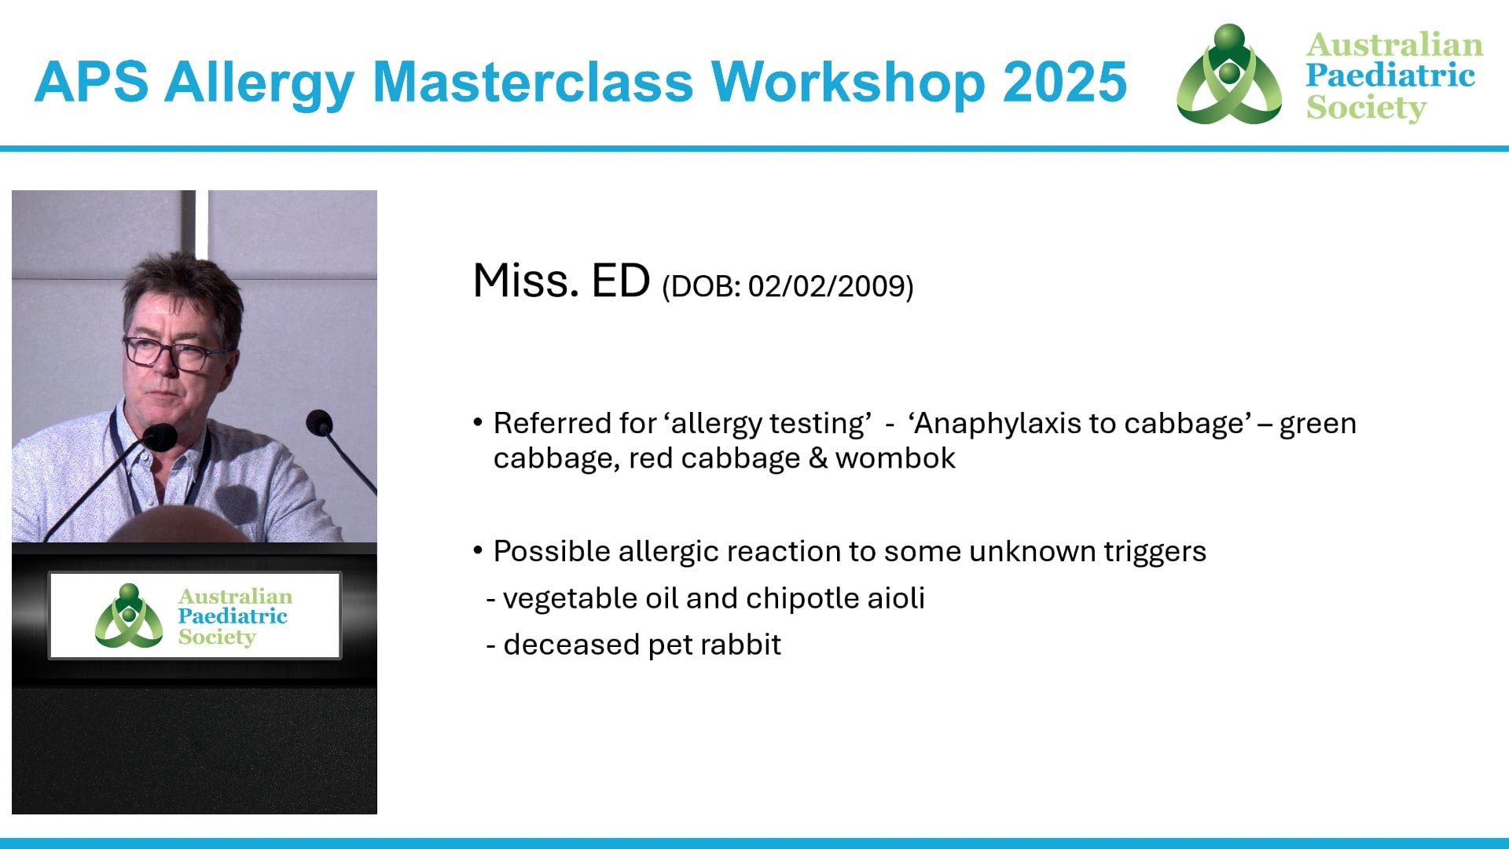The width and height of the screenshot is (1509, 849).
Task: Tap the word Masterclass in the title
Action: pos(533,82)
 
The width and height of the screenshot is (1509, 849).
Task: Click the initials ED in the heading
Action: pos(620,281)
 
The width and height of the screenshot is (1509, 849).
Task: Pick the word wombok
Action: pos(895,458)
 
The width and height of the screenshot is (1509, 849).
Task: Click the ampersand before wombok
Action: pos(818,458)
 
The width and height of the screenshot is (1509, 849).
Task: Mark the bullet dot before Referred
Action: pos(478,422)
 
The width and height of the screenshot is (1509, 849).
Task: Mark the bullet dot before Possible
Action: pos(478,550)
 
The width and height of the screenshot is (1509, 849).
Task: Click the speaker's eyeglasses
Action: pos(169,351)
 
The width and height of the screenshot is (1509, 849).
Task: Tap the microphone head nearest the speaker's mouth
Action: pos(160,436)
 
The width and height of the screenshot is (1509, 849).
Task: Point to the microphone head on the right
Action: pos(319,423)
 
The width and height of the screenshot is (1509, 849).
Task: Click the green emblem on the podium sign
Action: pos(128,616)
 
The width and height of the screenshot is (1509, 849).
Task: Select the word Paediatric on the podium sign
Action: pos(233,616)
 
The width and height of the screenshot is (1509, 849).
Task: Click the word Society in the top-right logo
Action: pos(1366,108)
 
